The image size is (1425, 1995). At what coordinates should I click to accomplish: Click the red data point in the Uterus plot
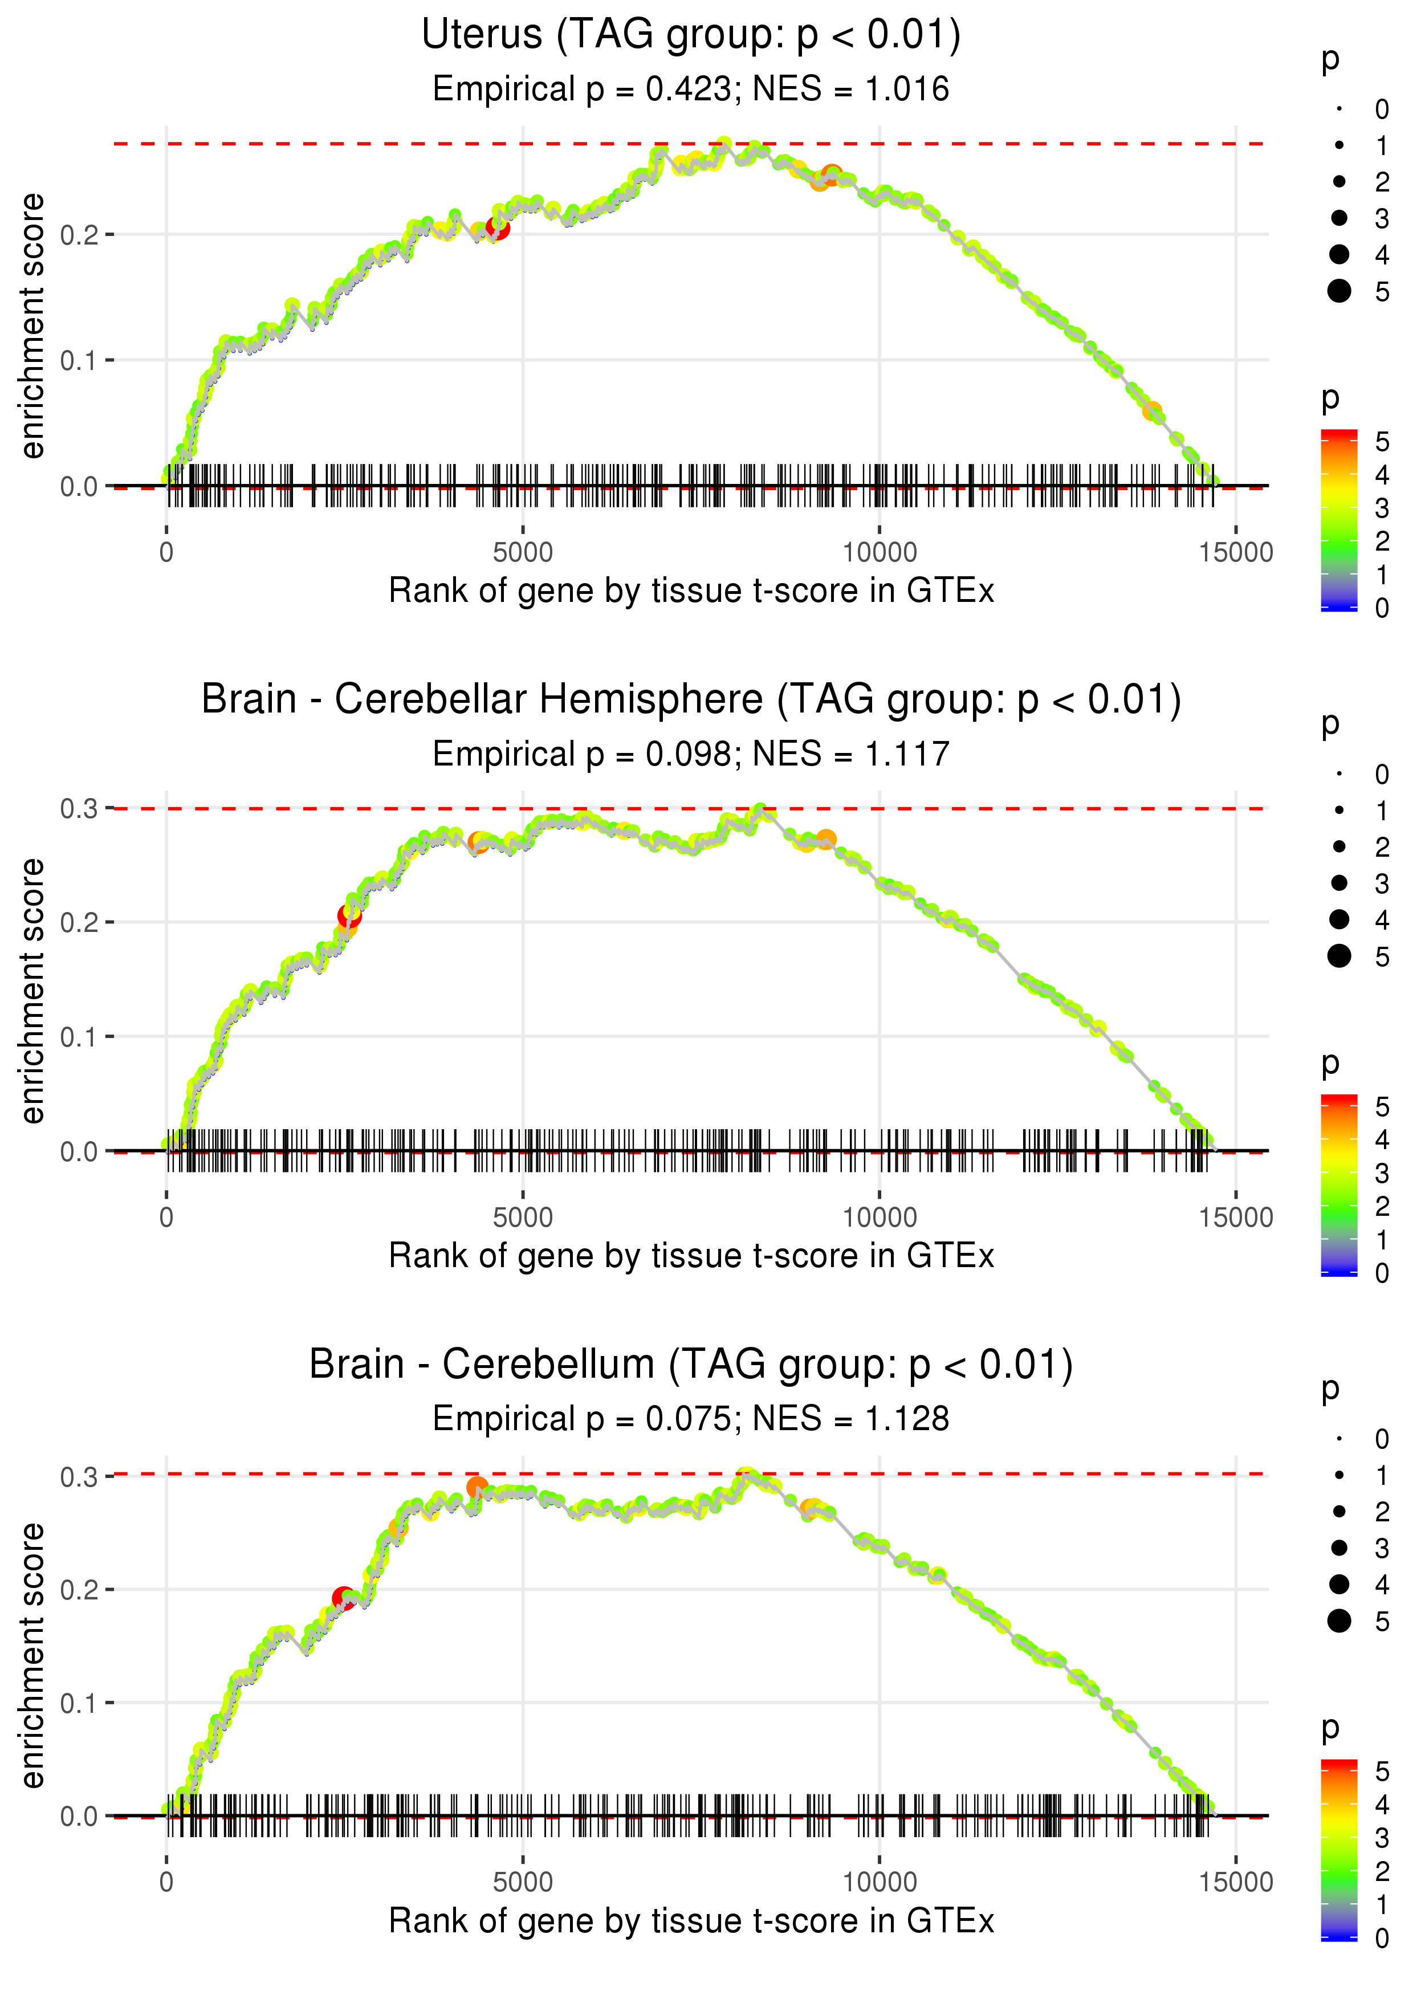tap(498, 228)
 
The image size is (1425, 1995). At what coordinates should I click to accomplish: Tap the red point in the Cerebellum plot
tap(343, 1598)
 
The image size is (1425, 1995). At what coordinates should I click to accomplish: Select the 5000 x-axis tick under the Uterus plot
tap(523, 553)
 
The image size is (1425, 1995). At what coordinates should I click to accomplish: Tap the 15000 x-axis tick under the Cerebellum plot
tap(1235, 1882)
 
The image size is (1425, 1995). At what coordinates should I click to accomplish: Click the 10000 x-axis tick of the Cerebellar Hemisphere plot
tap(879, 1218)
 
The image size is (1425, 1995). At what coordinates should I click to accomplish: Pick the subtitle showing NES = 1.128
tap(691, 1419)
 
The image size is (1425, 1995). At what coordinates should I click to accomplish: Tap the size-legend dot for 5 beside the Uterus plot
tap(1339, 290)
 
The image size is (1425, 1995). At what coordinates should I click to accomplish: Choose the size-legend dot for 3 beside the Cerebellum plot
tap(1339, 1548)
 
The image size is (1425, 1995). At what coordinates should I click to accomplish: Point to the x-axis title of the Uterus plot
tap(691, 591)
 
